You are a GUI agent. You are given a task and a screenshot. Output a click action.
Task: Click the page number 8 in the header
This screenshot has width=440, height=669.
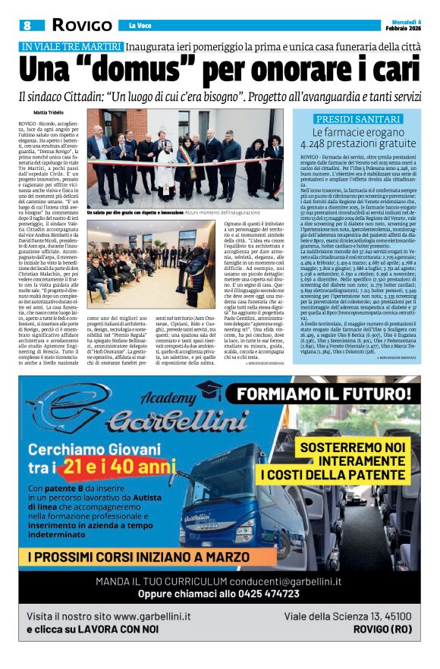pyautogui.click(x=27, y=25)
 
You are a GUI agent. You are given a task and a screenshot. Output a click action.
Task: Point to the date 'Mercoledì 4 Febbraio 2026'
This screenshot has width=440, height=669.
pyautogui.click(x=404, y=24)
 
